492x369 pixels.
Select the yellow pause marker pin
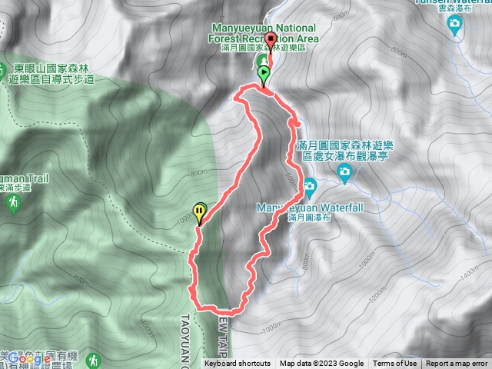(x=200, y=210)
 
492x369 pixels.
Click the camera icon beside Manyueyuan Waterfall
(x=309, y=185)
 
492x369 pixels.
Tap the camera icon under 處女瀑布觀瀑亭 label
(x=345, y=176)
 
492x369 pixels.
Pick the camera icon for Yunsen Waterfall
(x=455, y=25)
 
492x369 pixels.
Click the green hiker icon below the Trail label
(x=12, y=202)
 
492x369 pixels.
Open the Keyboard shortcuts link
(x=237, y=364)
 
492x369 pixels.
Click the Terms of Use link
(x=394, y=364)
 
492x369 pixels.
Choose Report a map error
(x=457, y=364)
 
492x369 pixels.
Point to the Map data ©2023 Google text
(x=322, y=364)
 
